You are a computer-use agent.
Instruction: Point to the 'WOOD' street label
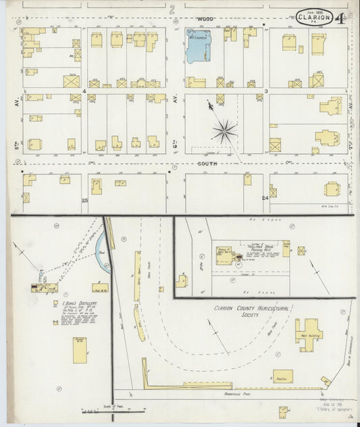click(205, 18)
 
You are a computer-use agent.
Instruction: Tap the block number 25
click(85, 201)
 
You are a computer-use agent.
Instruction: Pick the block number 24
click(265, 198)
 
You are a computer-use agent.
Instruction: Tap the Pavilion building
click(283, 376)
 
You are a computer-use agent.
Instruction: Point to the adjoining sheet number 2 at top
click(172, 9)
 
